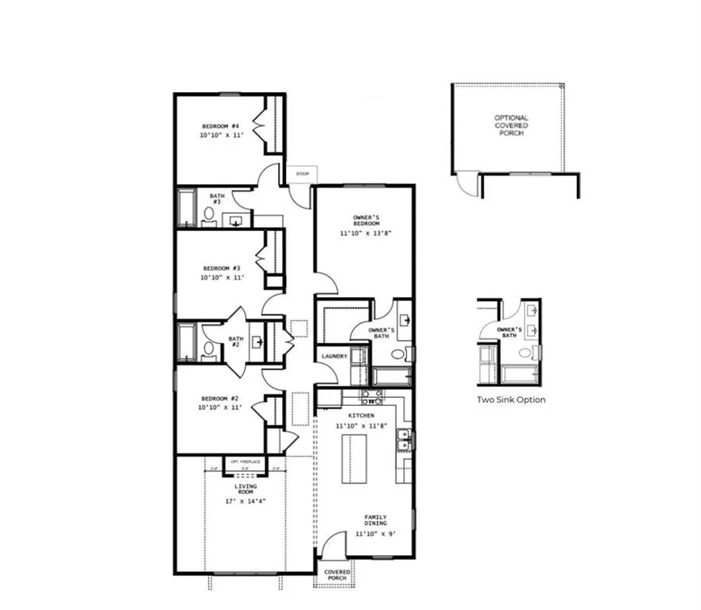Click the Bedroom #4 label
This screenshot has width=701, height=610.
click(221, 126)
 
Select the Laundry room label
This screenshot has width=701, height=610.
click(334, 356)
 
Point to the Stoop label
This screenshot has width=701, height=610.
click(302, 174)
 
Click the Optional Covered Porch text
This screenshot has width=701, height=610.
click(511, 125)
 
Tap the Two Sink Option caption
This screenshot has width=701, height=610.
click(511, 400)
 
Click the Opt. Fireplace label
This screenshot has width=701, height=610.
click(246, 461)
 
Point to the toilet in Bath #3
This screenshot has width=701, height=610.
click(209, 213)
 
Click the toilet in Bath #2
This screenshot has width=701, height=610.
click(209, 347)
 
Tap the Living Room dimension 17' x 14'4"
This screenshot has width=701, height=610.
click(246, 502)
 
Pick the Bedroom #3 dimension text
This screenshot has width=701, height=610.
click(221, 278)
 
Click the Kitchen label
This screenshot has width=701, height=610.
click(361, 415)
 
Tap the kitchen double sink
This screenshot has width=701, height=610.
click(404, 439)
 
